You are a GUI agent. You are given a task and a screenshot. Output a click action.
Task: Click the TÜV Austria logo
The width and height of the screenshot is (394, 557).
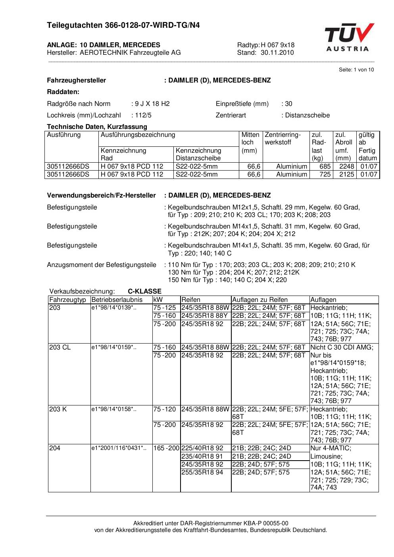pos(349,37)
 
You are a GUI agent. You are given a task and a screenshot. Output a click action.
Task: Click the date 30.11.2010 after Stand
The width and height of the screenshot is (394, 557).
pos(277,53)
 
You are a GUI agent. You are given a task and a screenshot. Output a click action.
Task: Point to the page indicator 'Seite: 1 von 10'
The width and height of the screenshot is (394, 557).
pos(356,70)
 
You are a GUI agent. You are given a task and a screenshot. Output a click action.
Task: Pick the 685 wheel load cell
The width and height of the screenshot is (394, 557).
pos(325,167)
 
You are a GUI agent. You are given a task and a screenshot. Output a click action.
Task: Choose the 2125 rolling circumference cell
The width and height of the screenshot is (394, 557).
pos(346,175)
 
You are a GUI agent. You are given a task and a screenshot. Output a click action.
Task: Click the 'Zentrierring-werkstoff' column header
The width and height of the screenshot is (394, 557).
pos(283,138)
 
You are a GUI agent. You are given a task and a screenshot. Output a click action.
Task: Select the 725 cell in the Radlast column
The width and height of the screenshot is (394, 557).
pos(325,175)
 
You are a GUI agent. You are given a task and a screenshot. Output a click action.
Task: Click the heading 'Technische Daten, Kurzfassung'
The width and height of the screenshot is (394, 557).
pos(97,127)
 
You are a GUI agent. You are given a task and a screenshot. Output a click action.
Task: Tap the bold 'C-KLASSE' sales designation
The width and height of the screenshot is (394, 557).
pos(144,291)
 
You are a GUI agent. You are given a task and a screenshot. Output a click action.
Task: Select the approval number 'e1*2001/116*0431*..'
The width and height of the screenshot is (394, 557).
pos(119,448)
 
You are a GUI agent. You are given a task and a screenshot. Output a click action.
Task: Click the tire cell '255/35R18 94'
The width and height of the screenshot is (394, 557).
pos(202,472)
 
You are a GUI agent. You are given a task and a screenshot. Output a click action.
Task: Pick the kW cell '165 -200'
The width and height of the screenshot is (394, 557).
pos(166,448)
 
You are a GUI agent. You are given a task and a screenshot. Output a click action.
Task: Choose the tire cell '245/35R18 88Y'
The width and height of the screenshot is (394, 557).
pos(205,316)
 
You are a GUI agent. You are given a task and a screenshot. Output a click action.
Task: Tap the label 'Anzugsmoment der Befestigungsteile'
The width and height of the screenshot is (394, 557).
pos(102,265)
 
